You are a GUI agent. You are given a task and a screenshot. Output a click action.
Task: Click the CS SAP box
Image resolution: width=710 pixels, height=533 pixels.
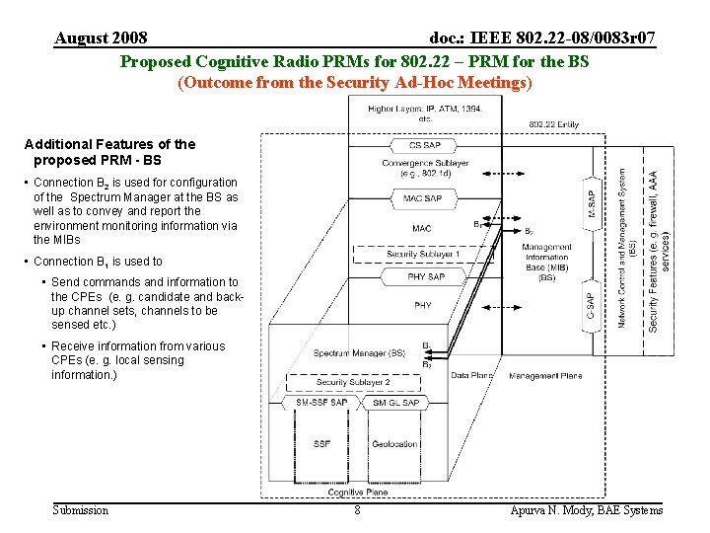pyautogui.click(x=424, y=145)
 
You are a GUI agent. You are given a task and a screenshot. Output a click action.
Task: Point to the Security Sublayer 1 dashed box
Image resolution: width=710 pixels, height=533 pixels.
pyautogui.click(x=423, y=255)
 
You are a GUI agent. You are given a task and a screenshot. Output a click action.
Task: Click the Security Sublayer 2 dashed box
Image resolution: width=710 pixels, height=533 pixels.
pyautogui.click(x=353, y=382)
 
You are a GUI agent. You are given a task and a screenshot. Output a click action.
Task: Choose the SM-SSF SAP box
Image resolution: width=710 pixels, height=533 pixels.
pyautogui.click(x=321, y=403)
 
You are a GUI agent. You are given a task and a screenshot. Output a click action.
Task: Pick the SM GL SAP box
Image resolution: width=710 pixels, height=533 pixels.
pyautogui.click(x=396, y=403)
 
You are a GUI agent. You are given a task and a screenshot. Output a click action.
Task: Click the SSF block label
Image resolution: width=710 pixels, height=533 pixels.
pyautogui.click(x=321, y=444)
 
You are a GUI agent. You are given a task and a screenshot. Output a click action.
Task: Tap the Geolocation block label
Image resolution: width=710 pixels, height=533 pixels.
pyautogui.click(x=395, y=444)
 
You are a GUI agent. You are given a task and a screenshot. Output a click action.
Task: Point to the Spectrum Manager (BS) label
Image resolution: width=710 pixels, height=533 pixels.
pyautogui.click(x=359, y=352)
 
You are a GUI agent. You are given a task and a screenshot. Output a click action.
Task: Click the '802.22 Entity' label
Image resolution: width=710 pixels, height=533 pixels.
pyautogui.click(x=554, y=124)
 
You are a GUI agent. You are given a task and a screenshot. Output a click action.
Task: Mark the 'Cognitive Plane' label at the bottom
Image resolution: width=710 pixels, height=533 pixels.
pyautogui.click(x=358, y=492)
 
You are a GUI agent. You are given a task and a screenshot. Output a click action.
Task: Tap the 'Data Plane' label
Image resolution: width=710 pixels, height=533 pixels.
pyautogui.click(x=473, y=376)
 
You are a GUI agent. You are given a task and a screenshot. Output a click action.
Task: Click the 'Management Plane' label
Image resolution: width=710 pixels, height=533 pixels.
pyautogui.click(x=545, y=376)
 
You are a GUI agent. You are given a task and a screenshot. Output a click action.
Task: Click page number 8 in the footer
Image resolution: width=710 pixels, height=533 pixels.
pyautogui.click(x=357, y=510)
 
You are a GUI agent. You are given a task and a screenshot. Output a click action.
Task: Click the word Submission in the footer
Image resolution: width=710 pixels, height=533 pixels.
pyautogui.click(x=81, y=510)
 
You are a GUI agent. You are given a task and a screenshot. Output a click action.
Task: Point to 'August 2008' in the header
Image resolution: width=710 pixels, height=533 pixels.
pyautogui.click(x=101, y=38)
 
